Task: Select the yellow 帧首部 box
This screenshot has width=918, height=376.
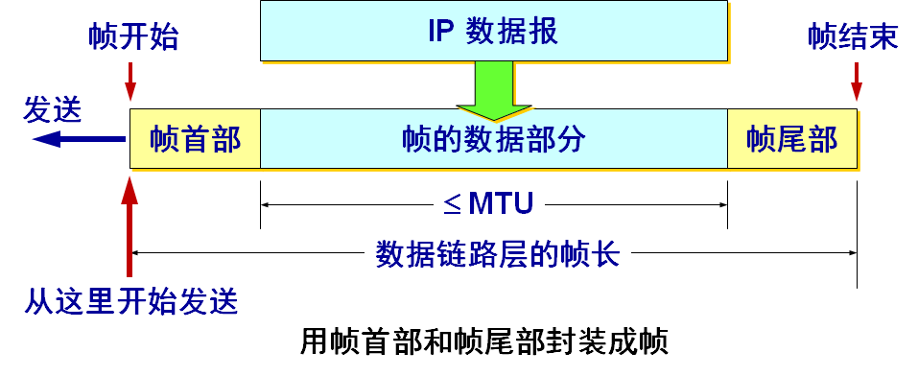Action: point(195,139)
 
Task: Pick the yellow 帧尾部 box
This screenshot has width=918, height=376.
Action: point(791,139)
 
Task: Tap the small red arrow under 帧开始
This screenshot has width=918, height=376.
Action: point(130,77)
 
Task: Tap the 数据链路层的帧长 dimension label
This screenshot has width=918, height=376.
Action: point(496,254)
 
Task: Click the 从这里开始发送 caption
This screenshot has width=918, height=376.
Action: point(130,301)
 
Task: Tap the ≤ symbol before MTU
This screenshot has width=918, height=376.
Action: point(453,203)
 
